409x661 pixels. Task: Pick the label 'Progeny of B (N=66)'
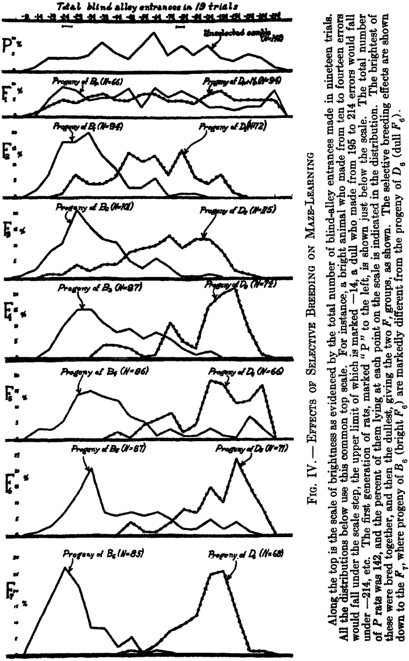(x=88, y=81)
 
